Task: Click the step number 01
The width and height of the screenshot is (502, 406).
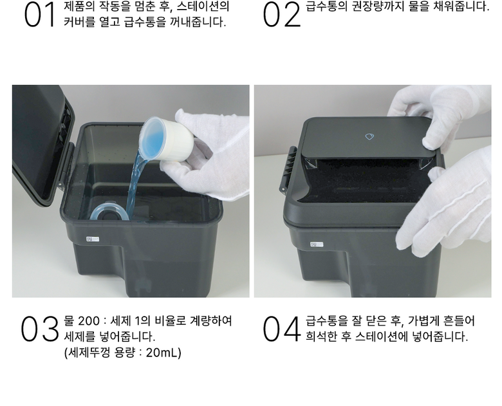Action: point(39,15)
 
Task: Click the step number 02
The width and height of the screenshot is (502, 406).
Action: point(282,15)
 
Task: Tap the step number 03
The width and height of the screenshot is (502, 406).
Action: point(40,329)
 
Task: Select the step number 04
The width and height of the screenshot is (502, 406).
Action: point(282,329)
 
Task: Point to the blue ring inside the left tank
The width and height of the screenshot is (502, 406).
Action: point(109,211)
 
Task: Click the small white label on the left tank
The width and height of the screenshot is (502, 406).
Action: point(93,239)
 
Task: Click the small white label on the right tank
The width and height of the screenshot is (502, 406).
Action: point(316,245)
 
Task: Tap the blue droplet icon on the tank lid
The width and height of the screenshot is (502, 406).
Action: point(369,136)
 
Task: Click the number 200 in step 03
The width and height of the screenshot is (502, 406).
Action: point(89,320)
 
